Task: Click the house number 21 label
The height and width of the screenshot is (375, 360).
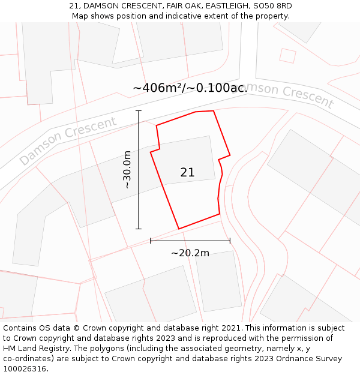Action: tap(187, 173)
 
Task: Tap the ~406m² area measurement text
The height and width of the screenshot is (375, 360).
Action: tap(157, 88)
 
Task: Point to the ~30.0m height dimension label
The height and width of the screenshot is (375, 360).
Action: tap(127, 170)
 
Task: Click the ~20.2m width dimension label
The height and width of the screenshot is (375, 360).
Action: tap(190, 253)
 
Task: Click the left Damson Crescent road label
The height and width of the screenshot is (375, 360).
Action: tap(68, 141)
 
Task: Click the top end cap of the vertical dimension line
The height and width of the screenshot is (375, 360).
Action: tap(139, 111)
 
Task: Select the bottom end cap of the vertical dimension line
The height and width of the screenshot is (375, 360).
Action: tap(139, 229)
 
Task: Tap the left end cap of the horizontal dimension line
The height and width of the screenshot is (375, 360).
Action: tap(150, 241)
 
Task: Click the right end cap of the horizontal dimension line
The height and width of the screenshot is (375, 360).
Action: tap(230, 241)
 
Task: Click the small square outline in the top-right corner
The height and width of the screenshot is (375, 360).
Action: tap(288, 55)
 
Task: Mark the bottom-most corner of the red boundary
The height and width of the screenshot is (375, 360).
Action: tap(179, 229)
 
